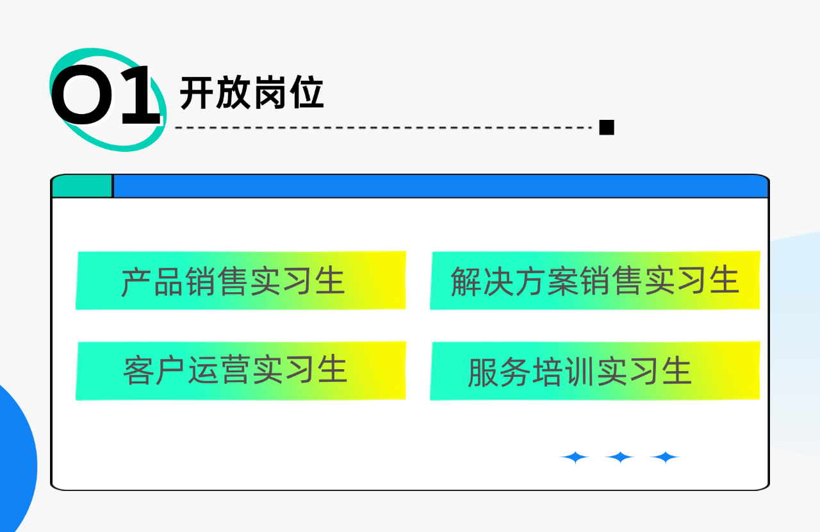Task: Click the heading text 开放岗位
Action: coord(252,94)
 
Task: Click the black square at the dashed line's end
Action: coord(606,127)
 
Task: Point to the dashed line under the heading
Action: coord(384,128)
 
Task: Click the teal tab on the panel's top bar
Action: coord(82,187)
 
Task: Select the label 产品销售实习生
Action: coord(233,281)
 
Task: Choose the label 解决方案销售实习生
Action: coord(594,281)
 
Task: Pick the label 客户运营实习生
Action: coord(235,370)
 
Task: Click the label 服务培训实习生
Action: coord(580,372)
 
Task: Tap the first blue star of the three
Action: coord(575,458)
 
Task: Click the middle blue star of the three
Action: coord(619,458)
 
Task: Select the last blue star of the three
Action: coord(665,458)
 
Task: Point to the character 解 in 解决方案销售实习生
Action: coord(466,281)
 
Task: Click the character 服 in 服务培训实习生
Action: coord(483,372)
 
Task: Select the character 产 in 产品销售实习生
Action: coord(136,281)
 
